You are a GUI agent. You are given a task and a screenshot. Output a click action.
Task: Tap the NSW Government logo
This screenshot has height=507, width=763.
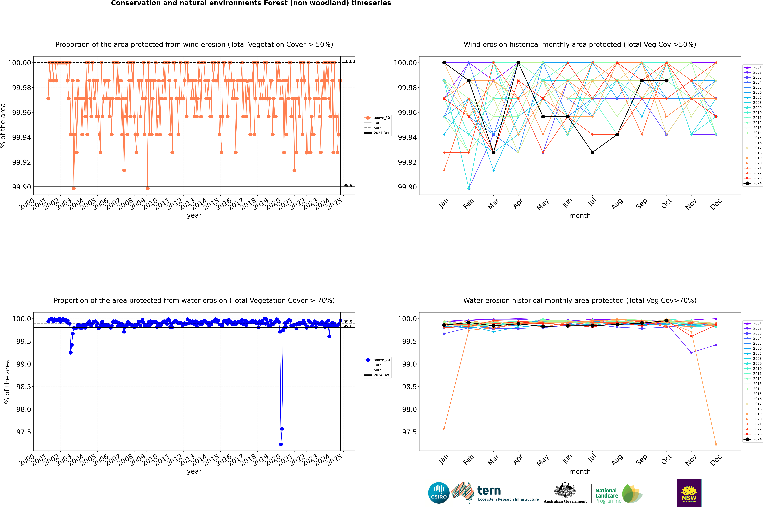pyautogui.click(x=689, y=493)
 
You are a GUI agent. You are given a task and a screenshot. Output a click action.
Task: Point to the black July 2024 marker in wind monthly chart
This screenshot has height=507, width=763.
pyautogui.click(x=592, y=152)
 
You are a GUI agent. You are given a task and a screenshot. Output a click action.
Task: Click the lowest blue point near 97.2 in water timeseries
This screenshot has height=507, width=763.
pyautogui.click(x=281, y=444)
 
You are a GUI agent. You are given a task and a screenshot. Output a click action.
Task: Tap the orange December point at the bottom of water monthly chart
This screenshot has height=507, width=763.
pyautogui.click(x=716, y=444)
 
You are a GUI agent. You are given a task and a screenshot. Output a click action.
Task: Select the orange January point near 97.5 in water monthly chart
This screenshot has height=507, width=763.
pyautogui.click(x=444, y=429)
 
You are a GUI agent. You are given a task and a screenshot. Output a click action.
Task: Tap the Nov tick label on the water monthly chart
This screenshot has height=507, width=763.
pyautogui.click(x=691, y=460)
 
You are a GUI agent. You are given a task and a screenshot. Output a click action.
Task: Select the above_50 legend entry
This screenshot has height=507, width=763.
pyautogui.click(x=377, y=118)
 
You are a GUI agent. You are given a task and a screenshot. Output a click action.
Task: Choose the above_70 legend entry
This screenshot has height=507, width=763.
pyautogui.click(x=377, y=360)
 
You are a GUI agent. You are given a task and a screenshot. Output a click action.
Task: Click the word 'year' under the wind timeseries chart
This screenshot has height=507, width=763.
pyautogui.click(x=194, y=215)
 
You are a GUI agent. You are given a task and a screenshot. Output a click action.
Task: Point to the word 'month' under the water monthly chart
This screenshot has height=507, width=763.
pyautogui.click(x=580, y=471)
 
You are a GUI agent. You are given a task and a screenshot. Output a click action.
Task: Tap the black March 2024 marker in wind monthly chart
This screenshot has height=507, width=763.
pyautogui.click(x=494, y=152)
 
